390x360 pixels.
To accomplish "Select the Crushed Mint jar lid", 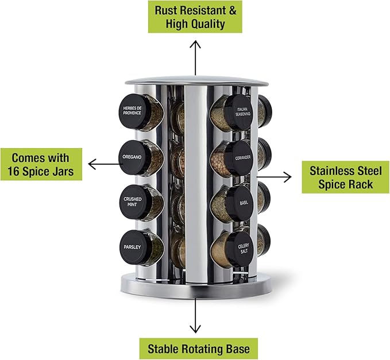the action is pos(134,202).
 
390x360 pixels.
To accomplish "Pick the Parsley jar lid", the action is pos(134,247).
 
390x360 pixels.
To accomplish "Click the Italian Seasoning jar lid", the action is pos(240,112).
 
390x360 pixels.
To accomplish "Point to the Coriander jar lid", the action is pos(240,158).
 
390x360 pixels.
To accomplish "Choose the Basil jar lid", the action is pos(241,203).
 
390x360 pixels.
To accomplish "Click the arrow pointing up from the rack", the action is pos(195,57).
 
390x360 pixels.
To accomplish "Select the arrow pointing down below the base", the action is pos(195,315).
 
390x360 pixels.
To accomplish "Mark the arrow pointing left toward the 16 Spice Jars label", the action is pos(104,164).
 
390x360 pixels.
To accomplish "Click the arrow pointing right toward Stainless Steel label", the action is pos(274,177).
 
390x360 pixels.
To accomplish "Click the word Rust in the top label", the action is pos(166,10).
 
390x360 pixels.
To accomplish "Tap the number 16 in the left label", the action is pos(13,171).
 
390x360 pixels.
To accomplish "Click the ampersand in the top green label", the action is pos(233,11).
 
